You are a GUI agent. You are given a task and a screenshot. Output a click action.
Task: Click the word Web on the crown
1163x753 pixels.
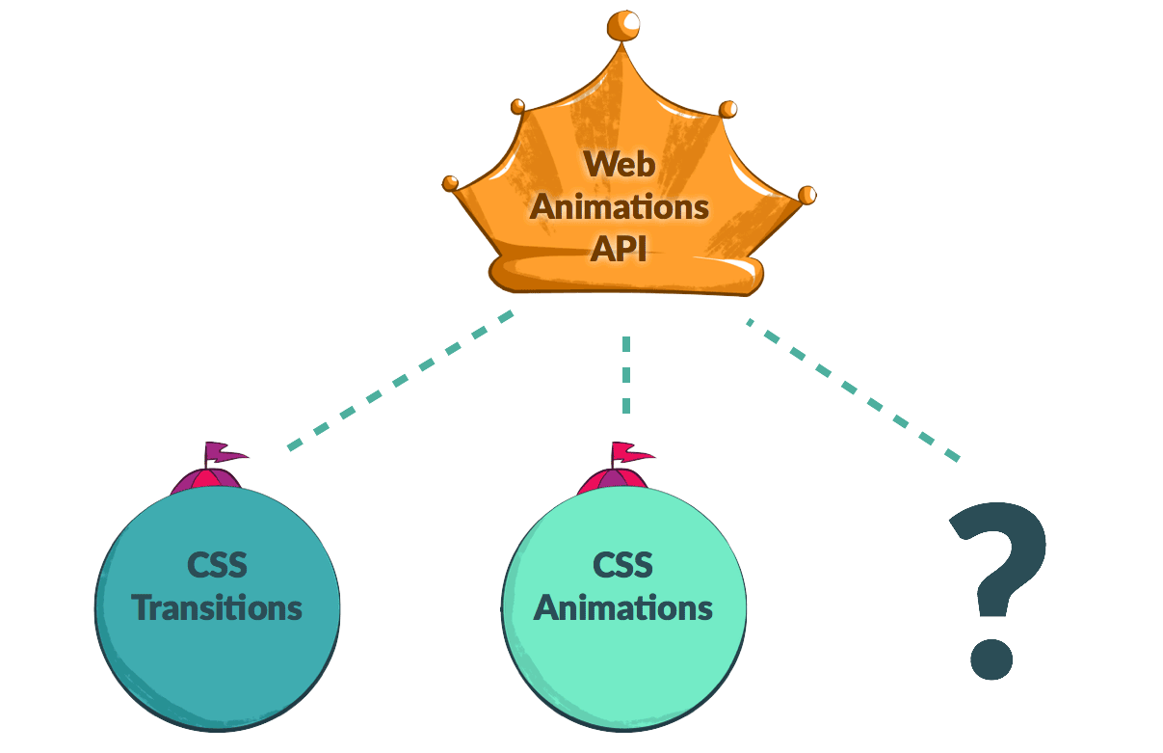pos(619,164)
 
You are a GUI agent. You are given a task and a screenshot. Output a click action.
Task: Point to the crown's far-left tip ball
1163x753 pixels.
pos(450,182)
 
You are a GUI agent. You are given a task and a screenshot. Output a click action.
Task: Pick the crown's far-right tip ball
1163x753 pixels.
pos(807,195)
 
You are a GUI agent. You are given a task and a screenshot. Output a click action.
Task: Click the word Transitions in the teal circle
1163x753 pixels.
pos(218,608)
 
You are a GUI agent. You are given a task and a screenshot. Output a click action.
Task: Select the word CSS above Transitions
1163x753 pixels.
pos(218,565)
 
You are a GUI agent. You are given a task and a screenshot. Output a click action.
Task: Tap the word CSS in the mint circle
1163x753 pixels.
pos(622,565)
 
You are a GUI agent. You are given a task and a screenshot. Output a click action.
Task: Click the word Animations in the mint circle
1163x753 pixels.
pos(622,608)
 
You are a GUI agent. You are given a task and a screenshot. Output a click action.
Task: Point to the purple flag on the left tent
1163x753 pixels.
pos(225,451)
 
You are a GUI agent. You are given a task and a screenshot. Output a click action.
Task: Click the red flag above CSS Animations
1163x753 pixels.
pos(631,451)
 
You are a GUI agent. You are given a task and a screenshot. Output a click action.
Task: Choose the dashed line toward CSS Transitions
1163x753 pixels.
pos(400,381)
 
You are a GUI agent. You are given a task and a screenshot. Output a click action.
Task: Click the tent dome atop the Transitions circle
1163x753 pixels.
pos(206,480)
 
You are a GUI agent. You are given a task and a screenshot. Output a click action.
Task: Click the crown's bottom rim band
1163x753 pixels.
pos(626,274)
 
